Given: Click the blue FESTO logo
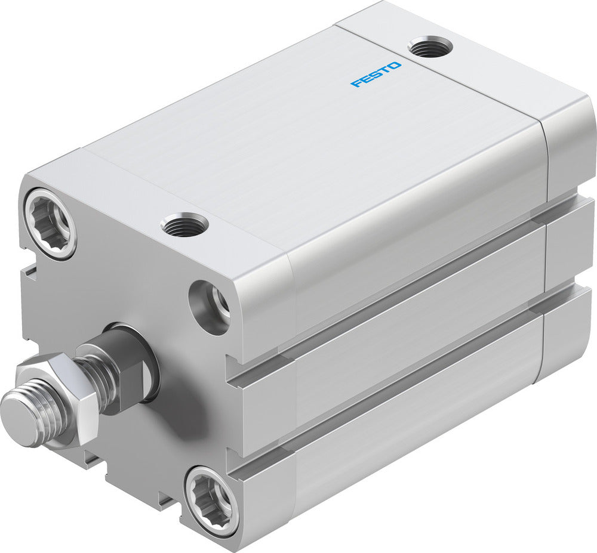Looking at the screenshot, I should click(x=376, y=75).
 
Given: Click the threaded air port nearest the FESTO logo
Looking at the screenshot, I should click(x=430, y=47).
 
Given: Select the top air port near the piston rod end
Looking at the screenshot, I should click(x=184, y=225).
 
